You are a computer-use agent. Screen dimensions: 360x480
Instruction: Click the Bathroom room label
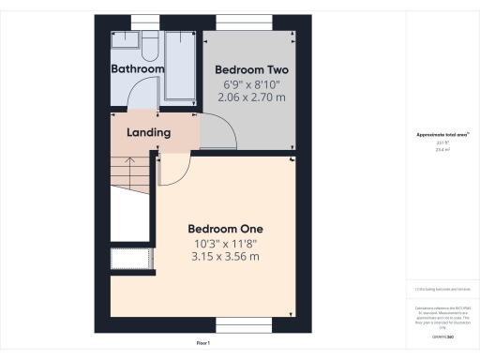click(x=138, y=69)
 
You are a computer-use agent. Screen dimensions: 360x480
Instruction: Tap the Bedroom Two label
click(x=251, y=70)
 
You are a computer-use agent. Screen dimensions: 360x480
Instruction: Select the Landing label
click(x=149, y=133)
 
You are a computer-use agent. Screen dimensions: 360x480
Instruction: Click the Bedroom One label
click(x=225, y=229)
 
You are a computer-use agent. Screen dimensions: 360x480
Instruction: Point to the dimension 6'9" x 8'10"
click(x=251, y=83)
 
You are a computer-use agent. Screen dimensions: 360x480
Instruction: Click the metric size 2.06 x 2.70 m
click(x=251, y=96)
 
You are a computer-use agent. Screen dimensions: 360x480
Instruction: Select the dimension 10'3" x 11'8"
click(x=225, y=244)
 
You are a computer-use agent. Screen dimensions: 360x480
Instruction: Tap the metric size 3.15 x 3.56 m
click(x=225, y=257)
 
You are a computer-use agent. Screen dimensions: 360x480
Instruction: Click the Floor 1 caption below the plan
click(x=202, y=344)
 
